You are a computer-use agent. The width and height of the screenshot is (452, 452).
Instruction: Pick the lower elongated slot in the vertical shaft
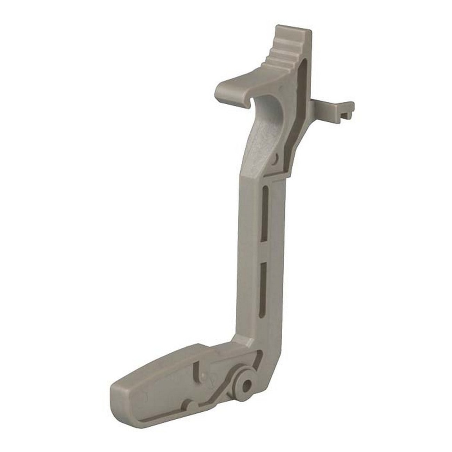[262, 283]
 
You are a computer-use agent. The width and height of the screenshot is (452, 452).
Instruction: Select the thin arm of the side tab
[327, 106]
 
